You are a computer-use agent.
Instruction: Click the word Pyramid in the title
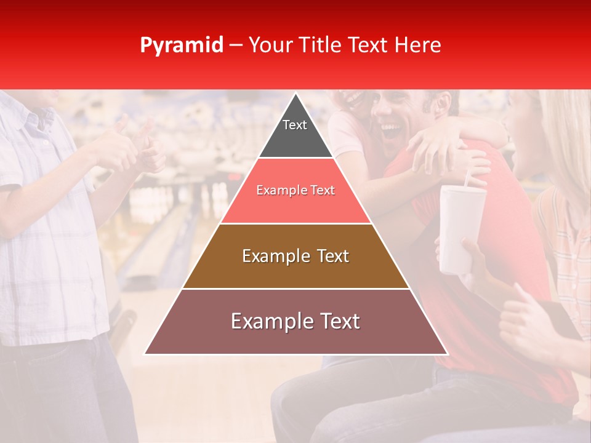[181, 46]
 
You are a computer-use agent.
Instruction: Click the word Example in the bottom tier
[267, 321]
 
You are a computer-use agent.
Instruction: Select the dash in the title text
[235, 46]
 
